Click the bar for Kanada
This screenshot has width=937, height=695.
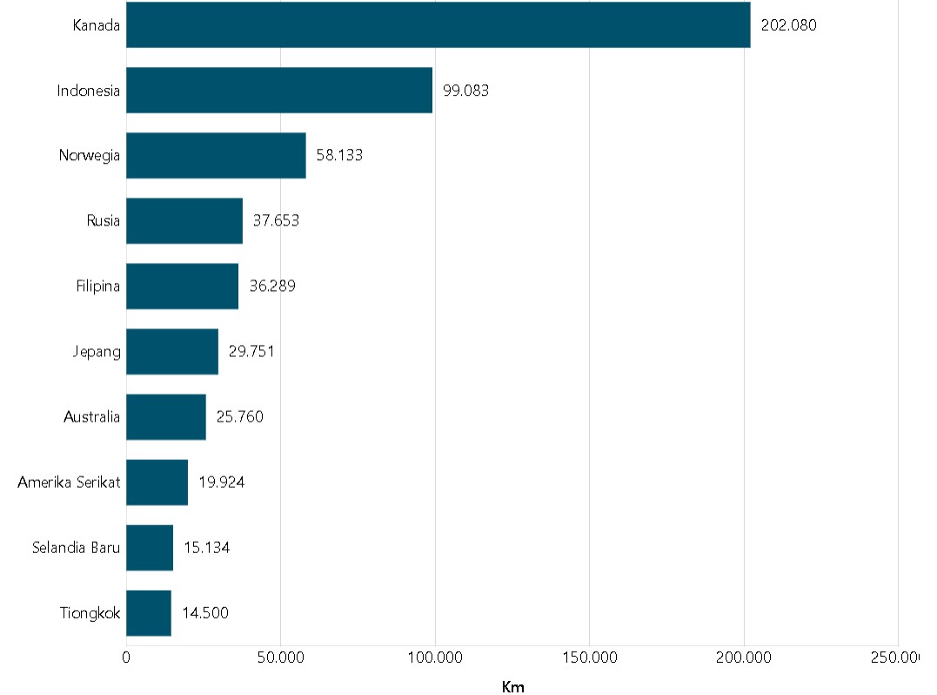coord(438,24)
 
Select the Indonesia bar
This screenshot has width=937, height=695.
coord(279,90)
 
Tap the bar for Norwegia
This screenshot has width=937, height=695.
coord(216,155)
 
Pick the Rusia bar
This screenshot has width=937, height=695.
coord(184,220)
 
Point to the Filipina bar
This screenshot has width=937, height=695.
coord(182,286)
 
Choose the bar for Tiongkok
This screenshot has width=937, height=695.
coord(149,612)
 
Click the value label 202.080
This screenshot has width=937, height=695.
coord(788,25)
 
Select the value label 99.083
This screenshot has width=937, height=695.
coord(465,91)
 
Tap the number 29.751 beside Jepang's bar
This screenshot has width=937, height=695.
coord(251,352)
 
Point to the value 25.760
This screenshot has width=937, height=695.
coord(239,417)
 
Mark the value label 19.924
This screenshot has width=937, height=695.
coord(221,482)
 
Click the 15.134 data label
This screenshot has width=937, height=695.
coord(206,548)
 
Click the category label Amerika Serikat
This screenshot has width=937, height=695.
coord(69,482)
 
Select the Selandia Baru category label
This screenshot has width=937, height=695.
coord(76,548)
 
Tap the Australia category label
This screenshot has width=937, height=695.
coord(91,417)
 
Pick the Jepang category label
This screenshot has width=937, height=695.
coord(97,352)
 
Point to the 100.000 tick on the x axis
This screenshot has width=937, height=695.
coord(435,658)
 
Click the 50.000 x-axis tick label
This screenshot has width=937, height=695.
coord(281,658)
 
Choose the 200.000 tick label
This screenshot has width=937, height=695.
coord(744,658)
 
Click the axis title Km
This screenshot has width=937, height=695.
coord(513,687)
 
